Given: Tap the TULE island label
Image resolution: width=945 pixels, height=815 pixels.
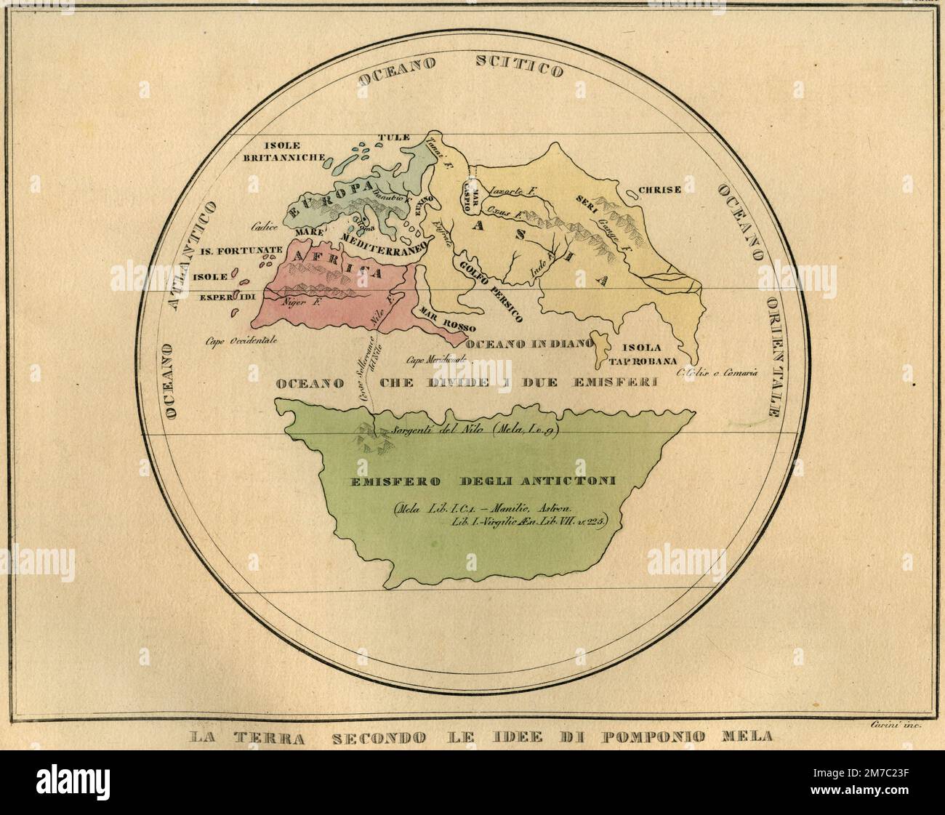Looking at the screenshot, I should click(x=395, y=137).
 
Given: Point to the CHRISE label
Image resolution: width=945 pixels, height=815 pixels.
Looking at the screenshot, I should click(x=659, y=190).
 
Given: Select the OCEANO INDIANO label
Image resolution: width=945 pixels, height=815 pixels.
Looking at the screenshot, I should click(x=526, y=344).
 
